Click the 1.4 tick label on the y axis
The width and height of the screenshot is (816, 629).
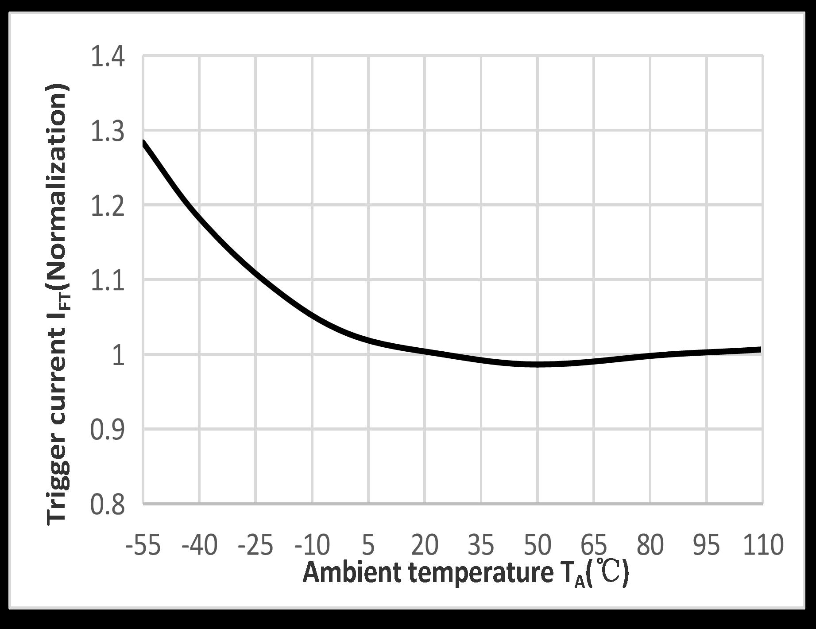108,58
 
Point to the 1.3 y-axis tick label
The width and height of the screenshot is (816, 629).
108,132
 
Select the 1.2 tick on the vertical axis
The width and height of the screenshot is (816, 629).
108,206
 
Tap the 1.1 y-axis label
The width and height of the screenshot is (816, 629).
108,281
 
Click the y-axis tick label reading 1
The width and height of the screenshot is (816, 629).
119,356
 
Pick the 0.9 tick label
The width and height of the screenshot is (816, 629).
108,430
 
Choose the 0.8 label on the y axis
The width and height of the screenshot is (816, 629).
108,505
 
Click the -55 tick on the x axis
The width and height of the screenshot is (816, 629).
143,545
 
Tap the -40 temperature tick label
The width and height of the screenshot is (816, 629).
199,545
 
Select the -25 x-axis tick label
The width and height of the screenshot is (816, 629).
255,545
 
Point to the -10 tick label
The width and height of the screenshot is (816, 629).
312,545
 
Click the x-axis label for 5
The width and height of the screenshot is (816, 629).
368,545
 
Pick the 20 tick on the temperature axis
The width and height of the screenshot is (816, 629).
425,545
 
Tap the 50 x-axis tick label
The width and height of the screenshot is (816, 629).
538,545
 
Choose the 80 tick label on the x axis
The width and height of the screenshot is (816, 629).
650,545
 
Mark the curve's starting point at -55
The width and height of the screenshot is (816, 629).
144,142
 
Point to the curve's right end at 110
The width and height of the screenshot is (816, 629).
760,349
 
